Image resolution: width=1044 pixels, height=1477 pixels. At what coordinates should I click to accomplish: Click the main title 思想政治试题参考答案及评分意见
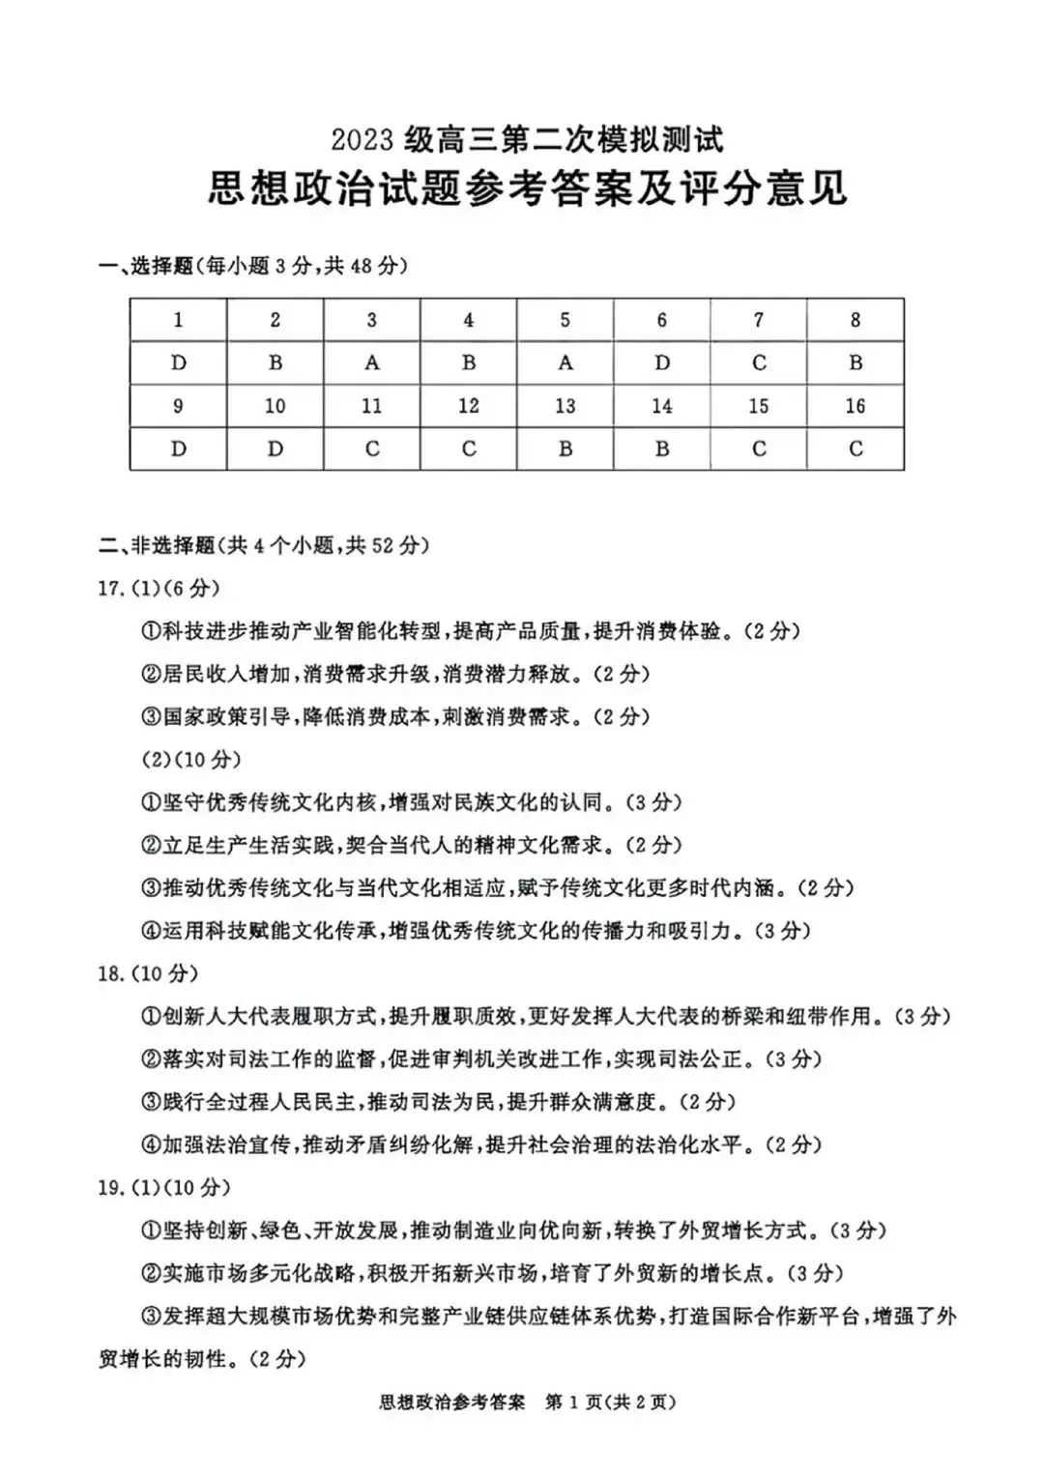tap(527, 188)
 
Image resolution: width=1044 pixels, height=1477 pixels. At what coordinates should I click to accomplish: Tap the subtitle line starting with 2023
tap(527, 140)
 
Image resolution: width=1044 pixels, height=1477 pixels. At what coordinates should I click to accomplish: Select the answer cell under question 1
tap(179, 363)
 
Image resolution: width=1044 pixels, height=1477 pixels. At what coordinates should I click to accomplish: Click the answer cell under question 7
tap(759, 363)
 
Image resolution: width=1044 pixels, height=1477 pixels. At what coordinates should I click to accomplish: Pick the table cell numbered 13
tap(565, 406)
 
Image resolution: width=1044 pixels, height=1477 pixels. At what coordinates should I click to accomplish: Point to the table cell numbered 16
tap(855, 406)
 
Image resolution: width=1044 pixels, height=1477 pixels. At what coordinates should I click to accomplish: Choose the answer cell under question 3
tap(372, 363)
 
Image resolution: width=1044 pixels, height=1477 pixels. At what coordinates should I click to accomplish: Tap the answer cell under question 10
tap(275, 449)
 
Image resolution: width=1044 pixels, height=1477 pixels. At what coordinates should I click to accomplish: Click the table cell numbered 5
tap(565, 320)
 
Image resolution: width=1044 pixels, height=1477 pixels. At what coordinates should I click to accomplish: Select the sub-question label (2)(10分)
tap(191, 760)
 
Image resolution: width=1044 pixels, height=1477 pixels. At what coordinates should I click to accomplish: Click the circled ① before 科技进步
tap(150, 632)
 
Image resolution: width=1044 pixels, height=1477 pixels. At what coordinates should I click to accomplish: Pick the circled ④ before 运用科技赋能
tap(150, 931)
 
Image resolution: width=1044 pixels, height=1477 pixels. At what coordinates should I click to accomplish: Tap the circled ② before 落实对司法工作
tap(150, 1059)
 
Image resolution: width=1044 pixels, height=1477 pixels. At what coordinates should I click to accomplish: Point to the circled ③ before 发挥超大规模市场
tap(150, 1316)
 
